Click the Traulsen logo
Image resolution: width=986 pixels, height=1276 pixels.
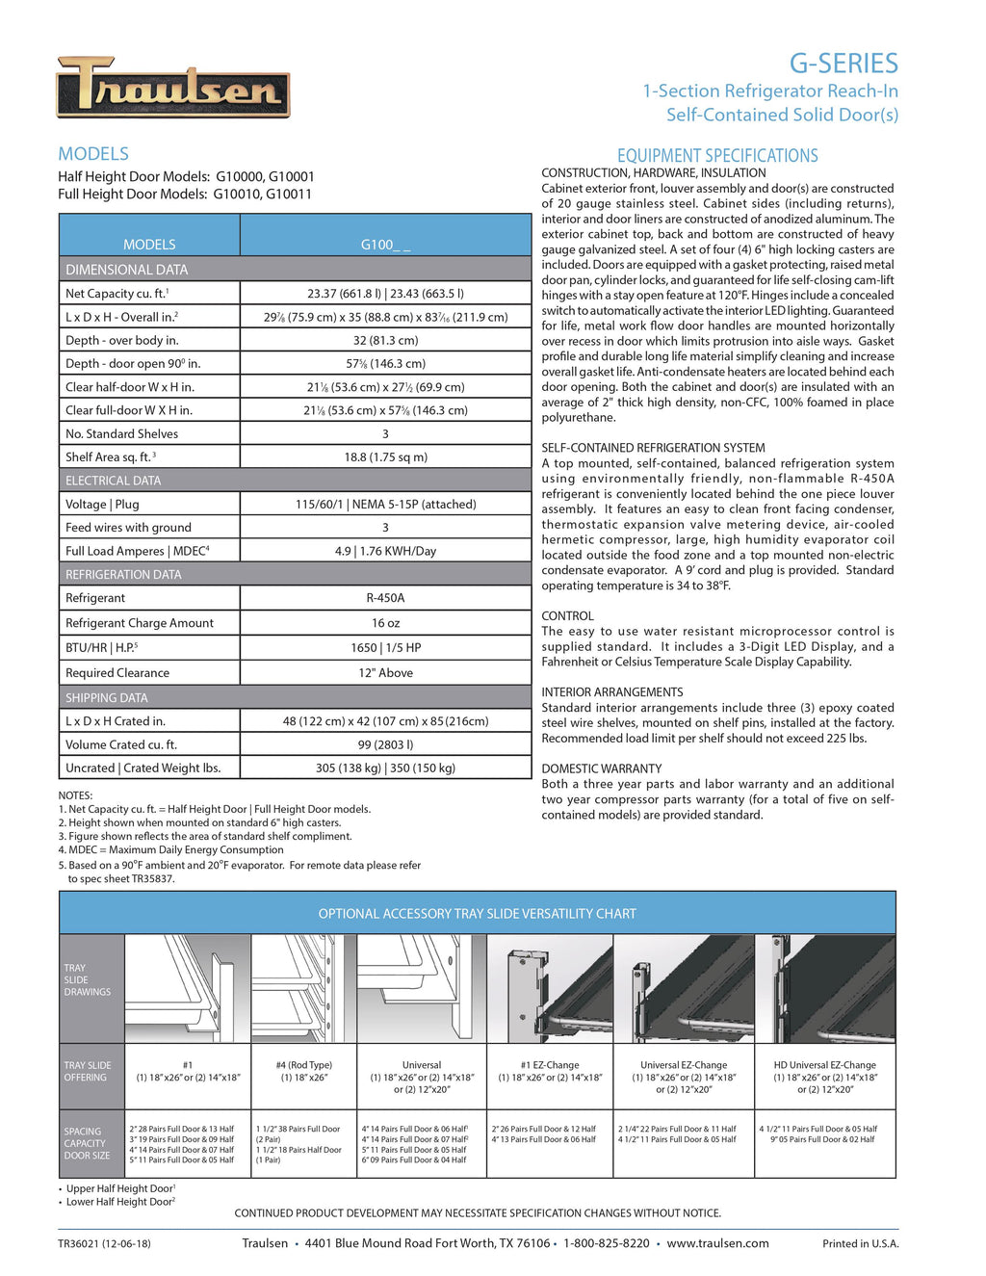click(x=173, y=88)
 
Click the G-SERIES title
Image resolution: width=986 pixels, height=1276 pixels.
click(x=843, y=64)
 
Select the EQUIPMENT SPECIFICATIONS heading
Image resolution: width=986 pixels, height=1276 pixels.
click(x=717, y=156)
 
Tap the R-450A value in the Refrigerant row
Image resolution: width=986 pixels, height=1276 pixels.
click(x=385, y=598)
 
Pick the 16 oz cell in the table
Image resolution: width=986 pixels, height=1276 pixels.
click(x=385, y=623)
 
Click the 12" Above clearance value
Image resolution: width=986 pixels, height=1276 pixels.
click(x=385, y=673)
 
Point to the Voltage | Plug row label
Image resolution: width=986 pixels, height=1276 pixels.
click(x=102, y=505)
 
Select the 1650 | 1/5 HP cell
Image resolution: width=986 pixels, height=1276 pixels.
click(x=385, y=648)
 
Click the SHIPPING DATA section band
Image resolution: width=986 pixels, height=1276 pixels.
click(x=107, y=698)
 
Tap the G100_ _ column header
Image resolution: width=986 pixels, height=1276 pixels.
click(x=385, y=245)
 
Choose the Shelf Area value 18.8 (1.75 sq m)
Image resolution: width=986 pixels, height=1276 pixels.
click(x=385, y=457)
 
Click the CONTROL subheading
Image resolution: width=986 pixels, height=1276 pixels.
click(x=567, y=616)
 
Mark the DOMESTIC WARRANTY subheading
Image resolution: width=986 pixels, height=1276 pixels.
click(x=601, y=768)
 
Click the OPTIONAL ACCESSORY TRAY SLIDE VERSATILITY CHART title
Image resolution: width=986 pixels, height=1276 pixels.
click(x=477, y=914)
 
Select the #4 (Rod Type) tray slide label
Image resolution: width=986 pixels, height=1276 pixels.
click(x=303, y=1065)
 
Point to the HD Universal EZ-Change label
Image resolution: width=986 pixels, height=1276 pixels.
click(x=824, y=1065)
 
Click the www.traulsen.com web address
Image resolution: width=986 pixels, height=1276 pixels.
click(x=717, y=1243)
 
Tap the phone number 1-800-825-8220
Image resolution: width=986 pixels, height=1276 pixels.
click(x=606, y=1243)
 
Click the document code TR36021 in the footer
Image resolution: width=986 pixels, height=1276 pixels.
click(x=80, y=1243)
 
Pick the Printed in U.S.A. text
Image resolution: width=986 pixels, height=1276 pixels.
click(x=860, y=1244)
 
